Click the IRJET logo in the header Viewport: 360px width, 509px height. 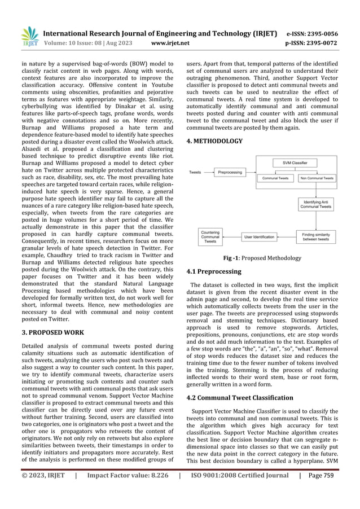[x=28, y=36]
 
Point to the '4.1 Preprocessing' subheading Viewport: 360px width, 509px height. [x=214, y=271]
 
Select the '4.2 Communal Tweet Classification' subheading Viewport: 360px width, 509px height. [x=242, y=397]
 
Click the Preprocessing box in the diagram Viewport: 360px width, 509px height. [x=230, y=172]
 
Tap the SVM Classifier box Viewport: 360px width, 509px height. [x=299, y=163]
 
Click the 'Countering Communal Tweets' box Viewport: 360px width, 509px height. [x=210, y=237]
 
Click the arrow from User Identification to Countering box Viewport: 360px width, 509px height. [x=234, y=236]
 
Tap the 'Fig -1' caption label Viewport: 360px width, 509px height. [x=231, y=258]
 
